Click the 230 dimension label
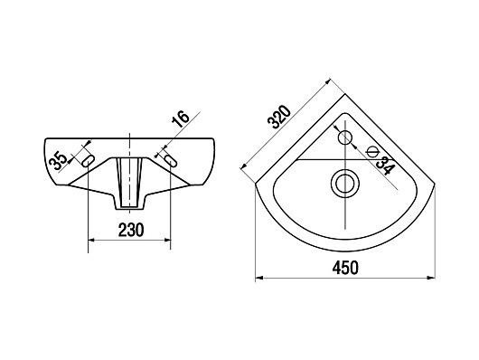point(130,230)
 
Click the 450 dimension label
point(345,268)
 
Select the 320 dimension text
point(279,117)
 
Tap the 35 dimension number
point(59,161)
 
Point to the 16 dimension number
point(181,119)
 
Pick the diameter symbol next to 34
point(373,151)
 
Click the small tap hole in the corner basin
point(345,137)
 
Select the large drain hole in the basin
point(345,184)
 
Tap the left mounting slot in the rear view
point(88,161)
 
